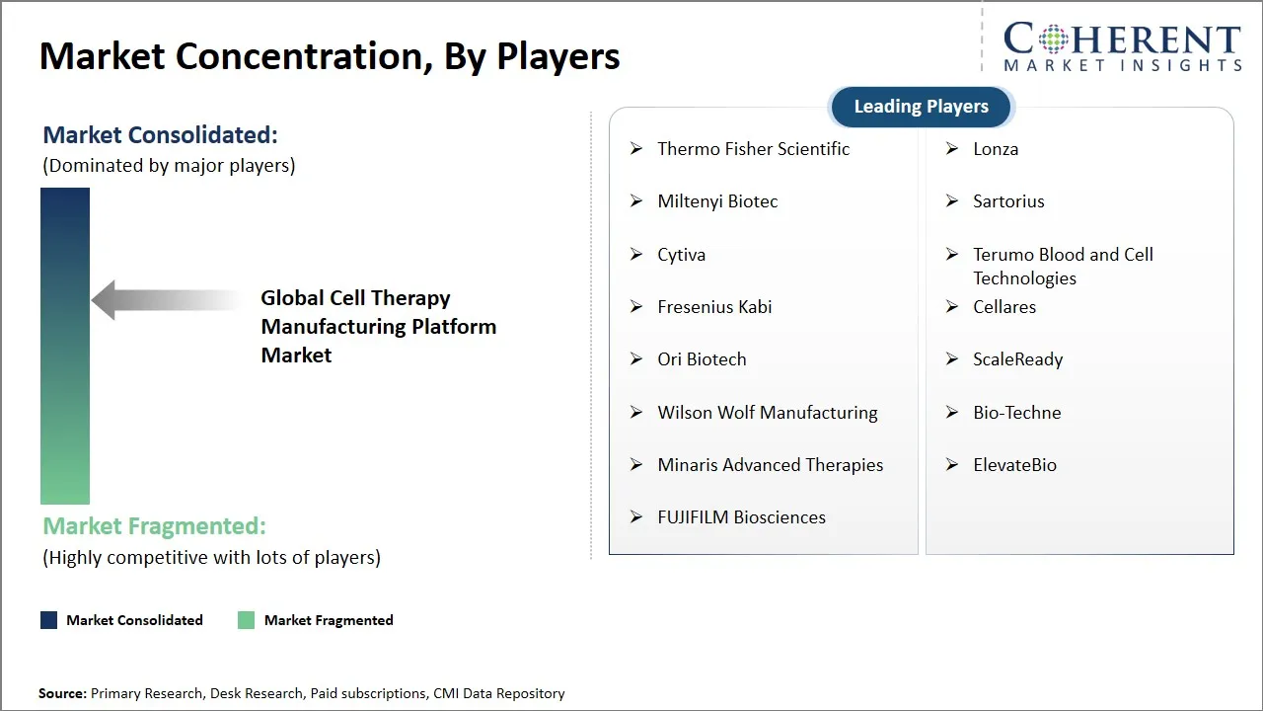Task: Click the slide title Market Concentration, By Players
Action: coord(330,56)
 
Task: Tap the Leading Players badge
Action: coord(921,107)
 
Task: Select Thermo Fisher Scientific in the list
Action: coord(753,149)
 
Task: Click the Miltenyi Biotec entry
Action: coord(717,201)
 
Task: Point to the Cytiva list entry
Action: coord(681,255)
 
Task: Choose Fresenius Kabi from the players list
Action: coord(714,307)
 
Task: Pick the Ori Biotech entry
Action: coord(702,359)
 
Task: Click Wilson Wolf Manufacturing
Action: coord(767,413)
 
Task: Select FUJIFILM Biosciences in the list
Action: coord(741,517)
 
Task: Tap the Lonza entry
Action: coord(996,149)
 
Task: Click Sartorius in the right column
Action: coord(1008,201)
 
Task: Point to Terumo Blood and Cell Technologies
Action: coord(1062,266)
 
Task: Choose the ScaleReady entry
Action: coord(1017,359)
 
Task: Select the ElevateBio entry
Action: coord(1014,465)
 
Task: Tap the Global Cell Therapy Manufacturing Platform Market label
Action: coord(378,327)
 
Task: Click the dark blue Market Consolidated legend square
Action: coord(48,620)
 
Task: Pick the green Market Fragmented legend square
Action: coord(247,620)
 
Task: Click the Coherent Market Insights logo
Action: coord(1122,47)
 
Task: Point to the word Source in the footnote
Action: coord(62,693)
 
